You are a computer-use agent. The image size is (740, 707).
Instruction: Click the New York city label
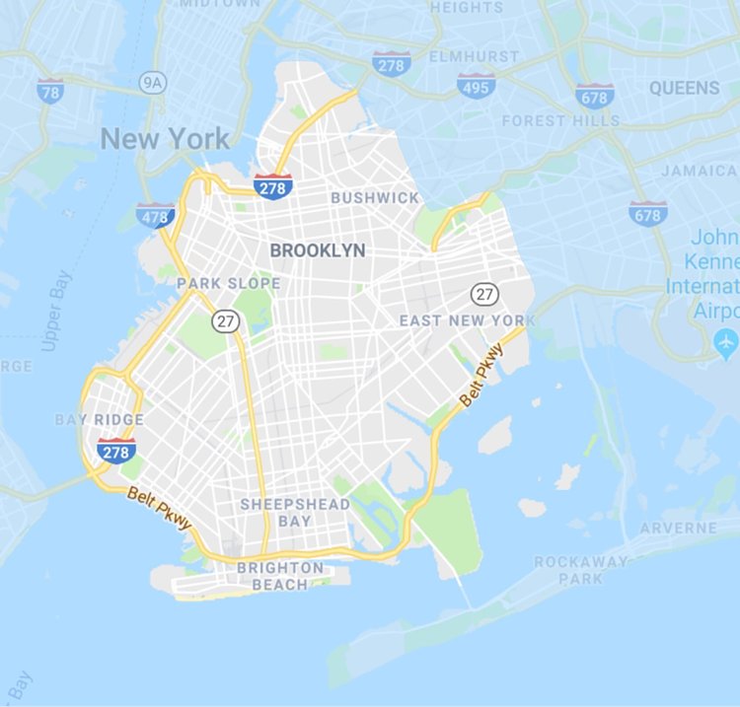[165, 139]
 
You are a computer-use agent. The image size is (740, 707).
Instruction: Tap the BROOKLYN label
[318, 250]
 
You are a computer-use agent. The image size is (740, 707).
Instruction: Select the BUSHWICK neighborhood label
[375, 197]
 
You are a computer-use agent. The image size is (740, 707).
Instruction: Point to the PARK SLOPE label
[229, 284]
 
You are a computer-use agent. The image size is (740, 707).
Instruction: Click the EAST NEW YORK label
[467, 320]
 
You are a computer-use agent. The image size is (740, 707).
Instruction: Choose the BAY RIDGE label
[99, 420]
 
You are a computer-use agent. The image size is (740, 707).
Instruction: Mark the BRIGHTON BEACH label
[279, 576]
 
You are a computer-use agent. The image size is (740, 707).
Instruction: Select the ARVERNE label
[678, 529]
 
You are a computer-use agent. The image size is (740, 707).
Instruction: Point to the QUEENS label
[684, 88]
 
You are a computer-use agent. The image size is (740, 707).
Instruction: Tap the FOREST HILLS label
[560, 120]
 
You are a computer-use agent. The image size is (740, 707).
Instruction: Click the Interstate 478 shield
[155, 215]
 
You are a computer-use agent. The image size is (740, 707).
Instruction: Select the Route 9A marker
[152, 81]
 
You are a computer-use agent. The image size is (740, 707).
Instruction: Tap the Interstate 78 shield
[50, 91]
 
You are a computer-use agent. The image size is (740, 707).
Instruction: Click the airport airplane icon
[726, 344]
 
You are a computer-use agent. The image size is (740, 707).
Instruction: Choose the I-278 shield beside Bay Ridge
[116, 451]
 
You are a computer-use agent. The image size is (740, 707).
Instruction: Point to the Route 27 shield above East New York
[483, 293]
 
